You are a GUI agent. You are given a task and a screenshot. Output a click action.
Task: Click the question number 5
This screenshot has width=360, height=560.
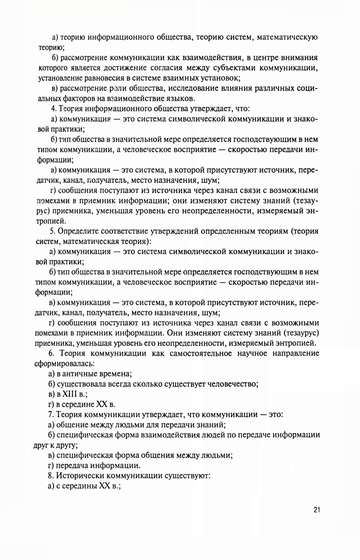[x=50, y=231]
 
